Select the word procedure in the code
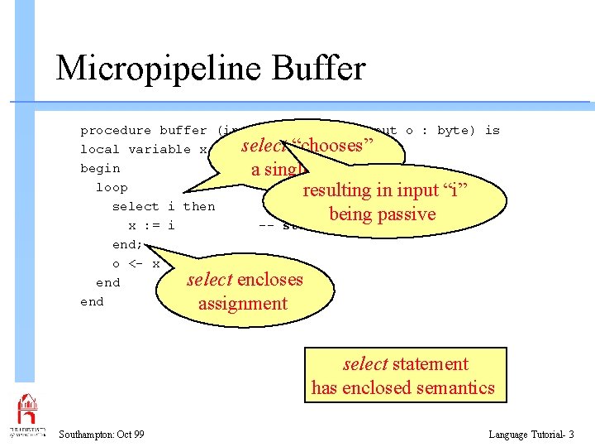tap(116, 130)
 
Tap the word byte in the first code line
tap(453, 130)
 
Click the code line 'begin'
tap(100, 168)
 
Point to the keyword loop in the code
tap(112, 187)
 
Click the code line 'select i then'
tap(163, 206)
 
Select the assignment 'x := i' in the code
tap(151, 225)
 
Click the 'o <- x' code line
tap(136, 263)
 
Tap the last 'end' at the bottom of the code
tap(92, 301)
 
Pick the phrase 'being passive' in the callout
tap(382, 214)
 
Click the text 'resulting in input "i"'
tap(386, 190)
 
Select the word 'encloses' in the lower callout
tap(269, 280)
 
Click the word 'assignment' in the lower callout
tap(243, 303)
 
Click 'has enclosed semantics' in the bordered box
tap(402, 387)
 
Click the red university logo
tap(27, 410)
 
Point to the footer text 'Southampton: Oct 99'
tap(102, 435)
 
